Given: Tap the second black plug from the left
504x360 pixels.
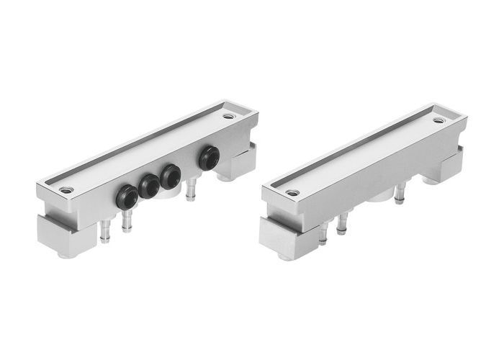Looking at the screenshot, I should click(x=149, y=186).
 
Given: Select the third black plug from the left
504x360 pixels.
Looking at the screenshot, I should click(x=171, y=176).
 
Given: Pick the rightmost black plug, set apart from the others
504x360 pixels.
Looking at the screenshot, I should click(x=210, y=158).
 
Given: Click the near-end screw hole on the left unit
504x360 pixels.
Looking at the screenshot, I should click(x=66, y=189).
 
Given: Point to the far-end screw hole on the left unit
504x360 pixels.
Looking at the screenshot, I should click(x=228, y=116).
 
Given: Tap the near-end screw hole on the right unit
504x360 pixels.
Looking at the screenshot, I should click(x=292, y=193).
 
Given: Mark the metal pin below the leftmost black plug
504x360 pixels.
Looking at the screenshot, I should click(x=127, y=221).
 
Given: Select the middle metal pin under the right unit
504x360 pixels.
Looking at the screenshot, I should click(x=341, y=224).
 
